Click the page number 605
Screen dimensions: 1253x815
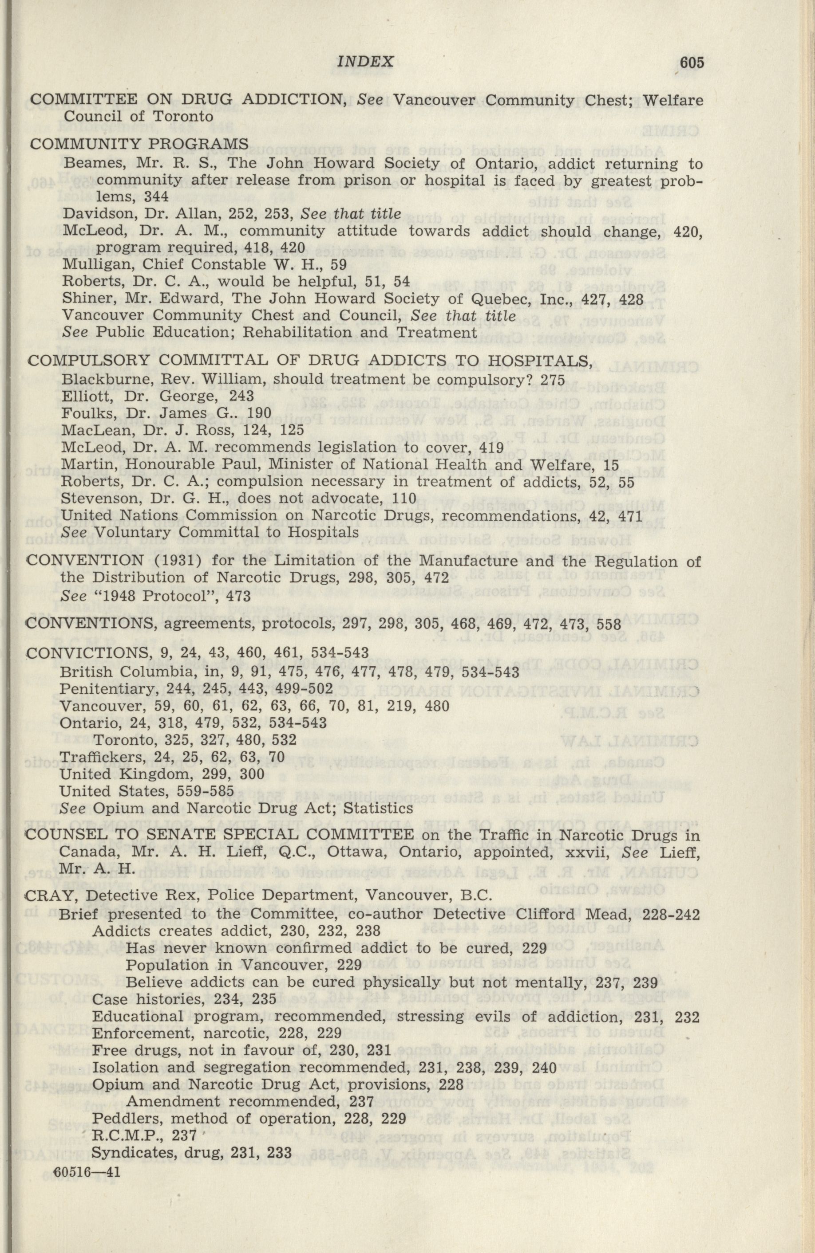tap(691, 63)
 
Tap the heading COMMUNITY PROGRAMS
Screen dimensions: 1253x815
tap(139, 144)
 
